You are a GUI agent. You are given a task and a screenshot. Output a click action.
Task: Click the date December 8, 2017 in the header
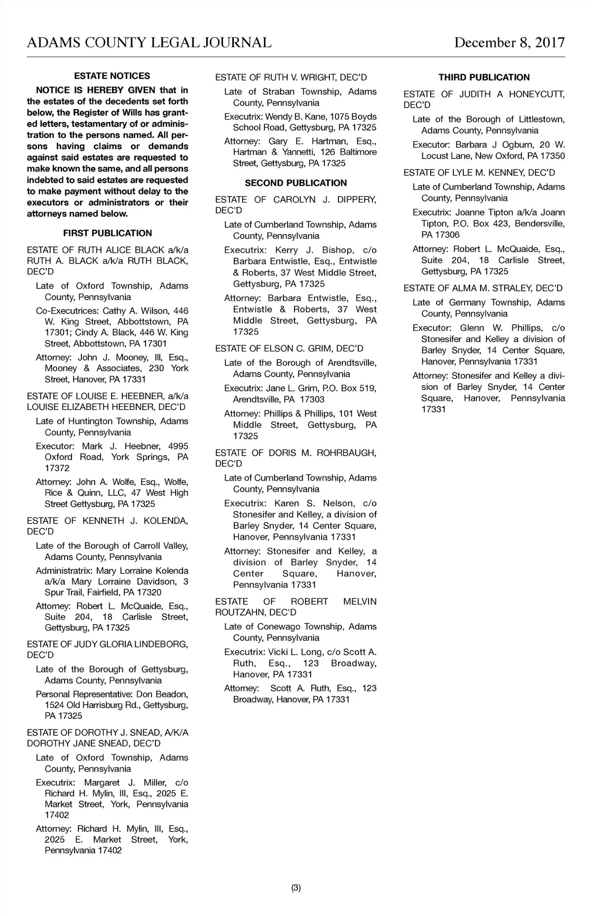tap(509, 42)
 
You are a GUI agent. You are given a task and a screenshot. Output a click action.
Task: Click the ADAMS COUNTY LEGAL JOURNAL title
tap(149, 42)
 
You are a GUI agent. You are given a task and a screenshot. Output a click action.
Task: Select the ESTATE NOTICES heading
tap(112, 76)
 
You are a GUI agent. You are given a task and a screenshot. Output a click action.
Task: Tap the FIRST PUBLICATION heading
tap(108, 233)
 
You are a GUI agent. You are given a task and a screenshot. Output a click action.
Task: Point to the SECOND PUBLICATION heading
tap(296, 183)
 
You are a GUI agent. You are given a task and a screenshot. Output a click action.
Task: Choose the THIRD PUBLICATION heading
tap(484, 78)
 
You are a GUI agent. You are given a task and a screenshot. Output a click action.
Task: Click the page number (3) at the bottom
tap(296, 888)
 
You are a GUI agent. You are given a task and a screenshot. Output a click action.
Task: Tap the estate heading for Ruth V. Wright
tap(291, 78)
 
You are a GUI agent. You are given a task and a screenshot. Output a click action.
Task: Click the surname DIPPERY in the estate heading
tap(357, 199)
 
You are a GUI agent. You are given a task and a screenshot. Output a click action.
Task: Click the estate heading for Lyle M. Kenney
tap(479, 172)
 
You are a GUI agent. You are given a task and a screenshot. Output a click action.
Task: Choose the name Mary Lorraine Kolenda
tap(142, 571)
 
